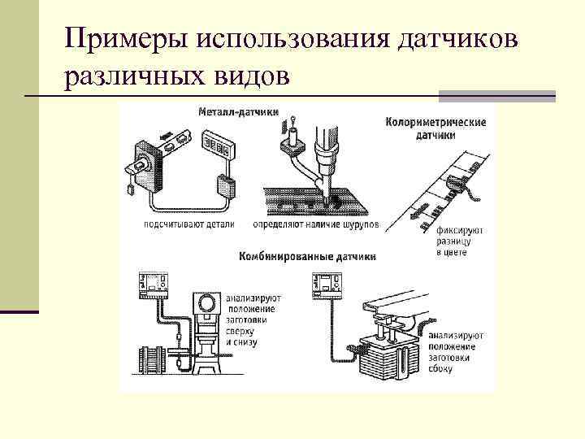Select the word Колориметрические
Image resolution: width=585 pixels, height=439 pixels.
[435, 122]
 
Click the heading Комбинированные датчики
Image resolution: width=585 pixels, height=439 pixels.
[307, 256]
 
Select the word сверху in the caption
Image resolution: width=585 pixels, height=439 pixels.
[242, 332]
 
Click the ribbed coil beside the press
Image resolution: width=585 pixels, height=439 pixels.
[150, 359]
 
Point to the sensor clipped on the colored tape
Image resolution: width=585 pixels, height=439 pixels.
[461, 189]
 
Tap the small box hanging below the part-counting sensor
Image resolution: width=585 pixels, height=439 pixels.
[132, 188]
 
